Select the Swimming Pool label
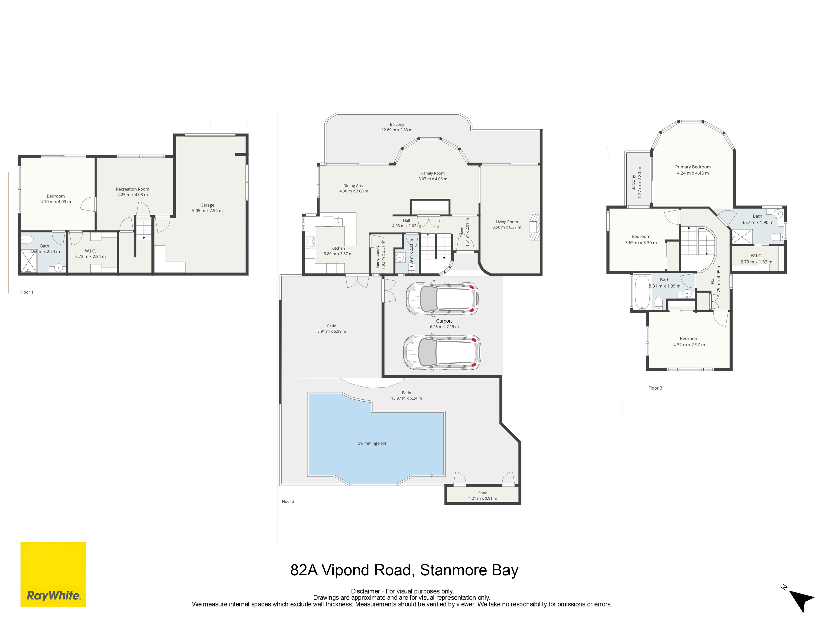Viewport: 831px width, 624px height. pyautogui.click(x=372, y=443)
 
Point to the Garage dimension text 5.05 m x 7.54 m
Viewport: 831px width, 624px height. pyautogui.click(x=207, y=211)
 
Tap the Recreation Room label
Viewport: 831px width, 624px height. pyautogui.click(x=133, y=189)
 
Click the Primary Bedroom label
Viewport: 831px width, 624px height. pyautogui.click(x=693, y=167)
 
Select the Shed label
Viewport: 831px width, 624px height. pyautogui.click(x=483, y=493)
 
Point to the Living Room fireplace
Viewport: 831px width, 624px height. pyautogui.click(x=534, y=227)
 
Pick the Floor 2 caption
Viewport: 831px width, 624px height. pyautogui.click(x=288, y=501)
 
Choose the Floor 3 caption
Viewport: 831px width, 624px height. pyautogui.click(x=655, y=388)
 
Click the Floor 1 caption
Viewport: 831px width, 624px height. pyautogui.click(x=27, y=292)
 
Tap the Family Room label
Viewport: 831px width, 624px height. pyautogui.click(x=433, y=173)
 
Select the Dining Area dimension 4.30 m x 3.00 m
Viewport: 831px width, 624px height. pyautogui.click(x=354, y=191)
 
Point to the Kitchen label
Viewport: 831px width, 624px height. pyautogui.click(x=338, y=248)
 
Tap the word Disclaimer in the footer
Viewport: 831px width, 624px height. pyautogui.click(x=365, y=591)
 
